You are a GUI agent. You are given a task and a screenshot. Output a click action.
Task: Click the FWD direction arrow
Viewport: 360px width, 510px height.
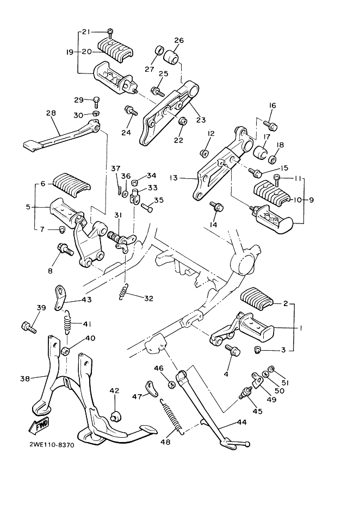[39, 426]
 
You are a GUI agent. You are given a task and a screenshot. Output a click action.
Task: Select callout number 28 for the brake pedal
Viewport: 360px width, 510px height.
[51, 113]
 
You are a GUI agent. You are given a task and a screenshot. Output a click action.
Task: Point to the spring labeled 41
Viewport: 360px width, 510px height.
[67, 321]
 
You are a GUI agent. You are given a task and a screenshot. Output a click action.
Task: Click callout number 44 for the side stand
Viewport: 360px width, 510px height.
[243, 422]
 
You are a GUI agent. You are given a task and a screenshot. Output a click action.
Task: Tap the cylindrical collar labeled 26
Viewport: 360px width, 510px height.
[172, 55]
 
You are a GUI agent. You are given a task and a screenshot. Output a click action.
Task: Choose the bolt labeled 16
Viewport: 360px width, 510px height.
[270, 125]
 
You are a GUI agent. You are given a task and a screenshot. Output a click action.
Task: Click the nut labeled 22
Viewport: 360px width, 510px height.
[183, 122]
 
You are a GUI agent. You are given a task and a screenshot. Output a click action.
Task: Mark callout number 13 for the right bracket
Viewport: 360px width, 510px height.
[173, 178]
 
